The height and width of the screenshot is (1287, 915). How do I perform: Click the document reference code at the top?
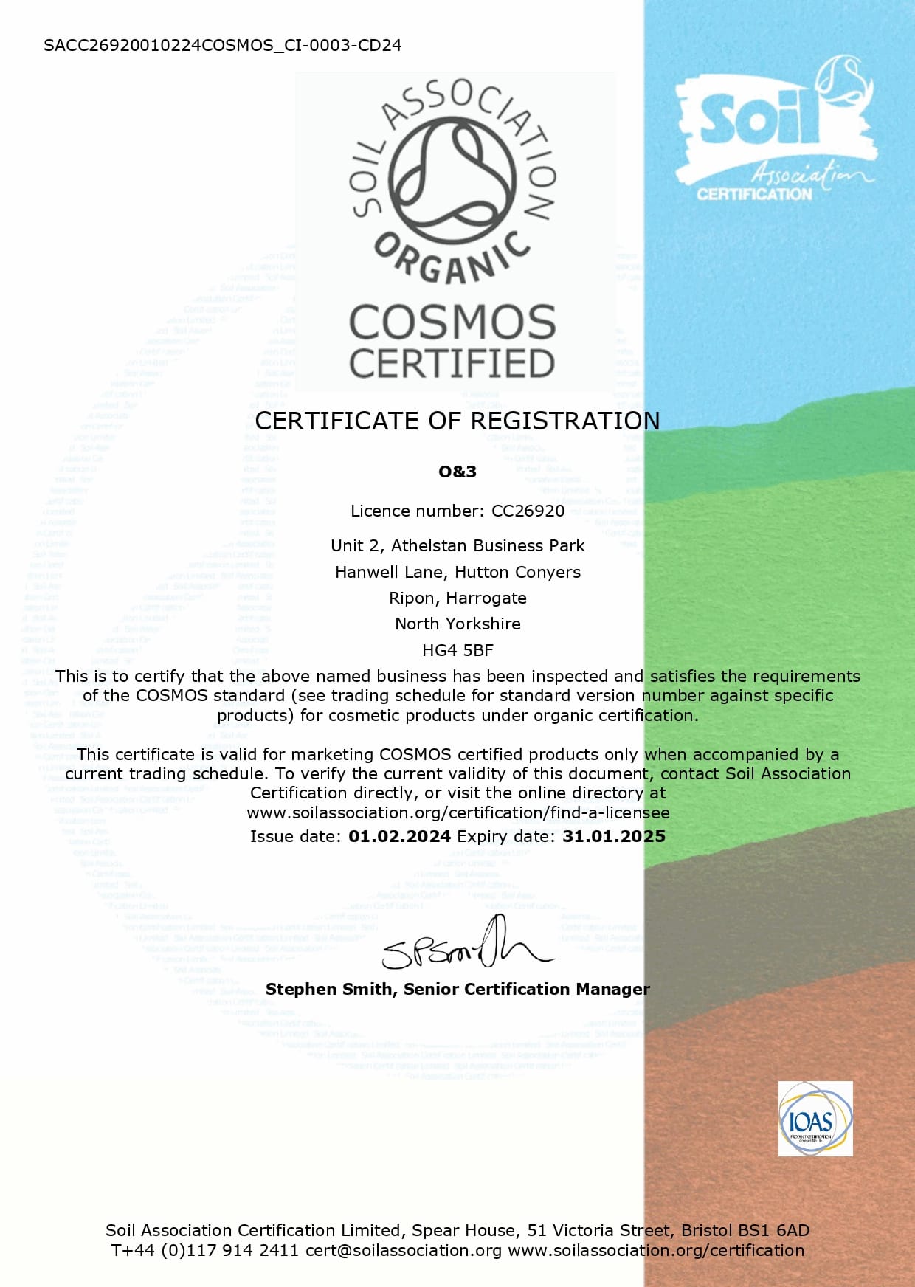click(x=222, y=45)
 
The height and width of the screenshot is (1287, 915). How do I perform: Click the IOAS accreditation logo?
click(x=815, y=1119)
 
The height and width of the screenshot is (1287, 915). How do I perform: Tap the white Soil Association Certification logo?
click(x=775, y=133)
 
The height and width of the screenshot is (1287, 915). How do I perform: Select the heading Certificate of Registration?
click(x=457, y=421)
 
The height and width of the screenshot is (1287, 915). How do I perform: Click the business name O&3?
click(x=457, y=472)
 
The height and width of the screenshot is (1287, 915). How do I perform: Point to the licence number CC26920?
click(x=528, y=511)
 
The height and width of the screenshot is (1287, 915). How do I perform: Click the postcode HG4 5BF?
click(x=457, y=650)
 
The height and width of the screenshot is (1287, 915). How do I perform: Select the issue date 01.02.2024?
click(x=399, y=836)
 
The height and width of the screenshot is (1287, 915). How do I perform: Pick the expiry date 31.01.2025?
click(x=614, y=836)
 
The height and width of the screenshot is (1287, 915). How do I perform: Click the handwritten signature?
click(x=465, y=946)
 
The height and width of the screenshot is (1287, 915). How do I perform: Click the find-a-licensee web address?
click(x=458, y=812)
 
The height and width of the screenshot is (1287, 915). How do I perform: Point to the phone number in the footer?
click(x=204, y=1250)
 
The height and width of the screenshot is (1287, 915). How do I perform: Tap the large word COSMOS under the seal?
click(x=452, y=323)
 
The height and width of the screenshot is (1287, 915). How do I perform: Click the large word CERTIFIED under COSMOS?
click(x=452, y=364)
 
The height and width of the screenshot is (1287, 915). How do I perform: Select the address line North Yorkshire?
click(x=457, y=624)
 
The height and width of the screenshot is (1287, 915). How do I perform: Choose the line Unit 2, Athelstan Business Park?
click(x=457, y=545)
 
